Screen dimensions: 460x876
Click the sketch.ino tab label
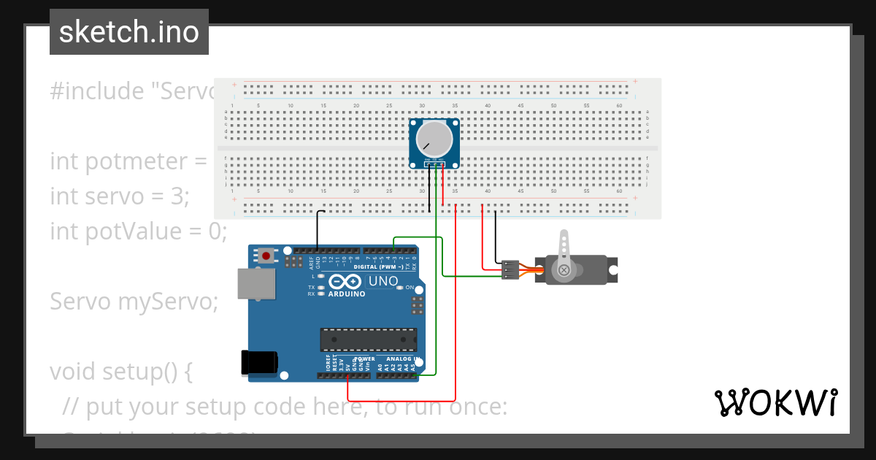(129, 32)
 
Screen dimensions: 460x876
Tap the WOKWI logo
(775, 402)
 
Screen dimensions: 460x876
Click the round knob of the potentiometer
(434, 139)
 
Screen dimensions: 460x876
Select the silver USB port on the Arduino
(256, 284)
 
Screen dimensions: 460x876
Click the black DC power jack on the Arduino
(260, 363)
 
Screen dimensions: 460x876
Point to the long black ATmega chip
(369, 340)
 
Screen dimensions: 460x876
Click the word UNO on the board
(383, 281)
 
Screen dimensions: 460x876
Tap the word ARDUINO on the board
(347, 294)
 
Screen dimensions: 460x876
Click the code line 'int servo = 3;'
(120, 196)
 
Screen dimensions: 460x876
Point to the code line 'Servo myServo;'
(134, 301)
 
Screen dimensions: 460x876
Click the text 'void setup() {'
(121, 371)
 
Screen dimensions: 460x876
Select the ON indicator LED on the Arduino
(400, 288)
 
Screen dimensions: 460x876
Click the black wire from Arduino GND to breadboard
(318, 230)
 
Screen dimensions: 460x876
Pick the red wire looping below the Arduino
(401, 401)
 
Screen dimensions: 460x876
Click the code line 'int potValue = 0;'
(139, 231)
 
